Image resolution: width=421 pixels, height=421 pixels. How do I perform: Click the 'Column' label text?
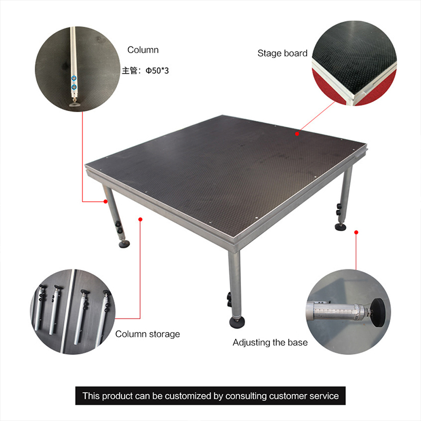(143, 50)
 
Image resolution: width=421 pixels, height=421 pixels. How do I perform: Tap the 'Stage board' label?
(283, 53)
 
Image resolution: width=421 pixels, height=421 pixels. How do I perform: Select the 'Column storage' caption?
(148, 334)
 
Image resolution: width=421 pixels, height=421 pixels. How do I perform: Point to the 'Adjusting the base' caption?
(270, 343)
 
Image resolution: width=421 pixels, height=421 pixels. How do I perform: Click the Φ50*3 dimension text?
(157, 71)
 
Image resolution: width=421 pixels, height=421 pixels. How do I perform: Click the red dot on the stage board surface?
(297, 134)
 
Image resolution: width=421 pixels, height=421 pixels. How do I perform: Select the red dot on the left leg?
(106, 202)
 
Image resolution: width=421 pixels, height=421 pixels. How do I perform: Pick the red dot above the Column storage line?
(140, 219)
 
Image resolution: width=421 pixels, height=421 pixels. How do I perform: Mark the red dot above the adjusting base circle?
(356, 232)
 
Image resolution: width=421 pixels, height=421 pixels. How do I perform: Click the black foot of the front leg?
(237, 322)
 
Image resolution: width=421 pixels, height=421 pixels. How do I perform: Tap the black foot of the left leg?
(124, 244)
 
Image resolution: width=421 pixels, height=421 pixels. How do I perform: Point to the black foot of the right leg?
(340, 227)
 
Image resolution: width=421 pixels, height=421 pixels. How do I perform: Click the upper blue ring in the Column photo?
(74, 78)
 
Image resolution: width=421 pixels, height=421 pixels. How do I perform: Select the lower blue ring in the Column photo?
(74, 87)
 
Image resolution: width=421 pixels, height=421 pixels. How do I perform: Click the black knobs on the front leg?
(229, 299)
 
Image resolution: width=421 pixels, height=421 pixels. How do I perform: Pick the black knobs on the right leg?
(338, 209)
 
